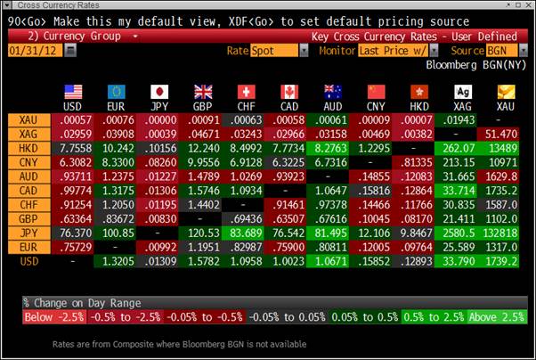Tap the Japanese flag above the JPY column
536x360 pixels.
pyautogui.click(x=159, y=92)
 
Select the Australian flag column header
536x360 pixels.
pyautogui.click(x=332, y=92)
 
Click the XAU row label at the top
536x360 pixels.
pyautogui.click(x=28, y=119)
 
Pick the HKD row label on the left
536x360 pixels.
pyautogui.click(x=28, y=148)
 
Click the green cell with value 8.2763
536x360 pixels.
pyautogui.click(x=330, y=148)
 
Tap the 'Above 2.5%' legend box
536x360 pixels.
pyautogui.click(x=494, y=317)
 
